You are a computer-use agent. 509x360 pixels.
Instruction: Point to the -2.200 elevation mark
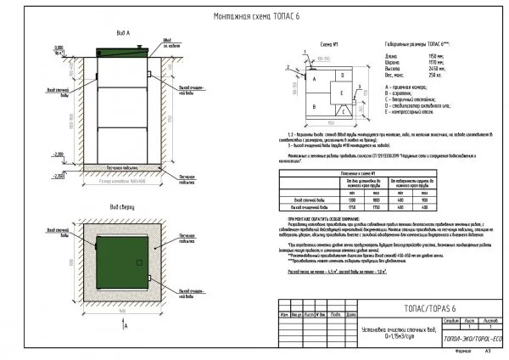(58, 153)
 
